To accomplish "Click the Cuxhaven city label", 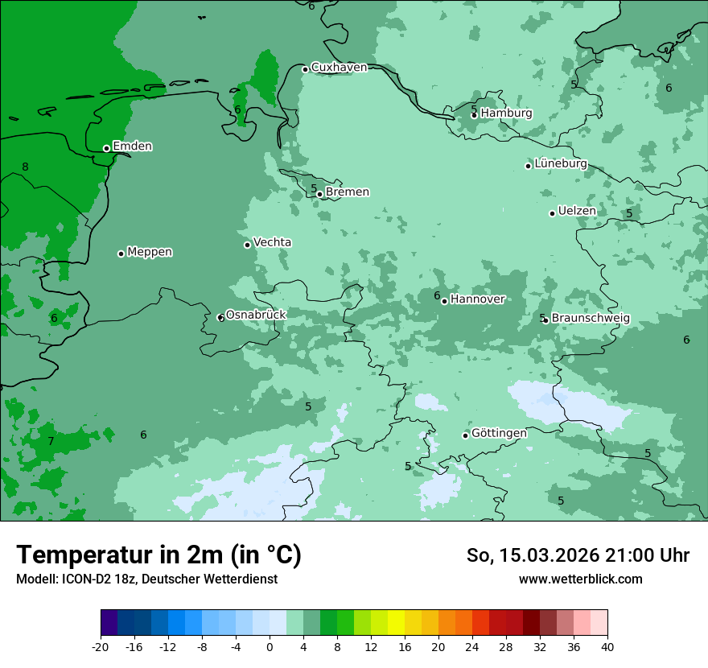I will [339, 68].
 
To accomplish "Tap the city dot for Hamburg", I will [474, 115].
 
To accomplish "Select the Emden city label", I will [133, 146].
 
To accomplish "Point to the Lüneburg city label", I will [561, 164].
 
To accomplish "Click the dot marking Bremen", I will [319, 194].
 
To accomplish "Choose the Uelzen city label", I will [577, 211].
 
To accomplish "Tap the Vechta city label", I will [273, 242].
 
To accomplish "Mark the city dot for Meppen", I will [121, 254].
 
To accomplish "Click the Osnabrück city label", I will [256, 315].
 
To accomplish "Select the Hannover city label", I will [478, 299].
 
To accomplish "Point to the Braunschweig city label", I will [591, 319].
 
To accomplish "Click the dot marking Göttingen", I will [465, 435].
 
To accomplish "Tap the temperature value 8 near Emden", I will [25, 167].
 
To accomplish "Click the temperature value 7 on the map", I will [51, 442].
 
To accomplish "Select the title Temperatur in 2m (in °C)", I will [159, 555].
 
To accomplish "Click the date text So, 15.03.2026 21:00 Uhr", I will [578, 555].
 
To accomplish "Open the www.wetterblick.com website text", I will [580, 579].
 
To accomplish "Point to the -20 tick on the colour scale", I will [101, 647].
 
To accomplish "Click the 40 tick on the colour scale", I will [607, 647].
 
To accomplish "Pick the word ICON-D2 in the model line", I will [84, 579].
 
